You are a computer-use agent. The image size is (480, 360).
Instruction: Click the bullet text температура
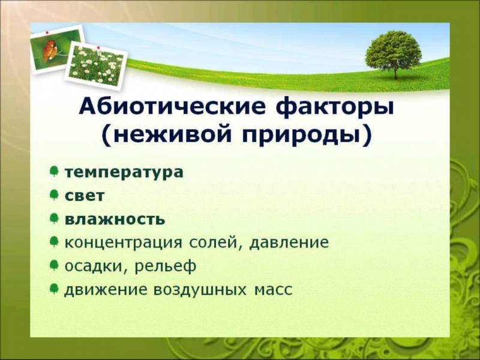[124, 172]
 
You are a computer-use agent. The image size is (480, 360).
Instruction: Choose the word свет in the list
[85, 196]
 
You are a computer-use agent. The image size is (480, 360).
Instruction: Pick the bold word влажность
[115, 219]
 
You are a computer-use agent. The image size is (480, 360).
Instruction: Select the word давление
[289, 243]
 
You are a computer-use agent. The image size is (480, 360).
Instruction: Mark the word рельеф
[165, 266]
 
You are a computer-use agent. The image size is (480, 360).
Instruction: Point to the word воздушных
[200, 290]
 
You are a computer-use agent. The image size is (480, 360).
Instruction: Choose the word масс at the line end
[274, 290]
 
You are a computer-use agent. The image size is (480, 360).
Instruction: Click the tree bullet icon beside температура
[54, 171]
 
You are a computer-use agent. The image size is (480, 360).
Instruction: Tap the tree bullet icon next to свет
[54, 194]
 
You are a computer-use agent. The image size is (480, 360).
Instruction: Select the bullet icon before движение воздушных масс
[54, 289]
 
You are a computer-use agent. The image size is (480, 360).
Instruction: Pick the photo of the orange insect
[56, 49]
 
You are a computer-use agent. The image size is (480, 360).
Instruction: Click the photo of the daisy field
[96, 65]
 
